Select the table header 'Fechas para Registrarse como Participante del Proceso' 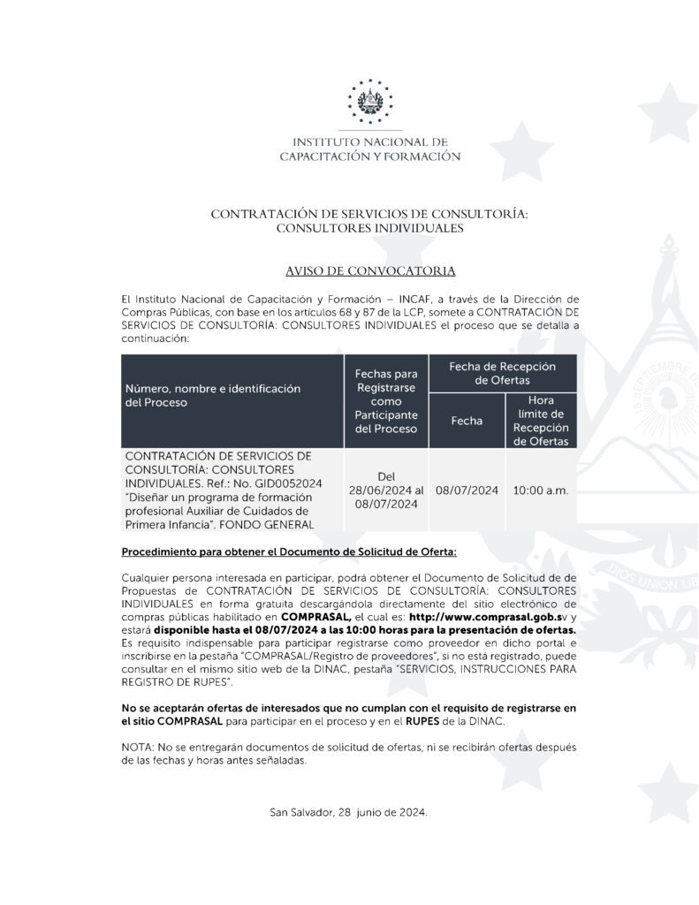385,401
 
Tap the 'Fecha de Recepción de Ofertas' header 502,372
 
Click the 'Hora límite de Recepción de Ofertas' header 540,420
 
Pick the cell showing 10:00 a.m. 540,490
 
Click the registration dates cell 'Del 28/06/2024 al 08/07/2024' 385,490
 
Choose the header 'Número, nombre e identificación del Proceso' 212,395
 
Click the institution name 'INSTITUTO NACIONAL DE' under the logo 369,141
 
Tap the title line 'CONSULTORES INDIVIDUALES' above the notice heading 369,228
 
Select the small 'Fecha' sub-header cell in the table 466,421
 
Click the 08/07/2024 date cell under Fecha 466,490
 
